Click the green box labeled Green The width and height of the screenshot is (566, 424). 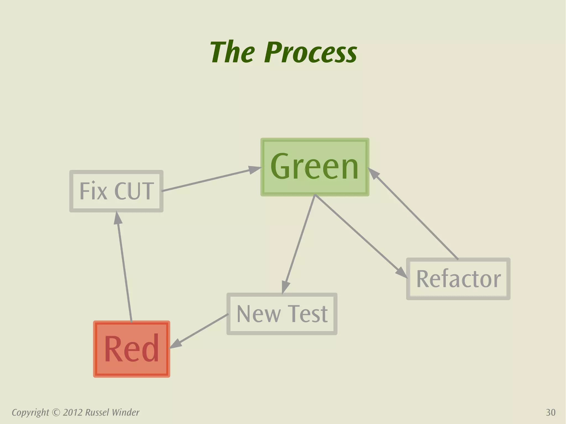(x=315, y=167)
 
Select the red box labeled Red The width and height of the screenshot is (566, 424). (x=132, y=349)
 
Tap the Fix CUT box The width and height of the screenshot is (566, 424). (x=116, y=191)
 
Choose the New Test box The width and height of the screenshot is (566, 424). (x=282, y=314)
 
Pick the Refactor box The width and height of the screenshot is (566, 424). (x=458, y=279)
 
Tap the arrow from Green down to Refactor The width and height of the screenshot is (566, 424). (x=359, y=235)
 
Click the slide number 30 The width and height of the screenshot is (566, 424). (x=551, y=412)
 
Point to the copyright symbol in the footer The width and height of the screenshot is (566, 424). (x=56, y=412)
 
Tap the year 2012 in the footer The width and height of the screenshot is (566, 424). (x=73, y=412)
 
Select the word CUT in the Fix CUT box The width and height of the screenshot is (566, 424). (x=134, y=191)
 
